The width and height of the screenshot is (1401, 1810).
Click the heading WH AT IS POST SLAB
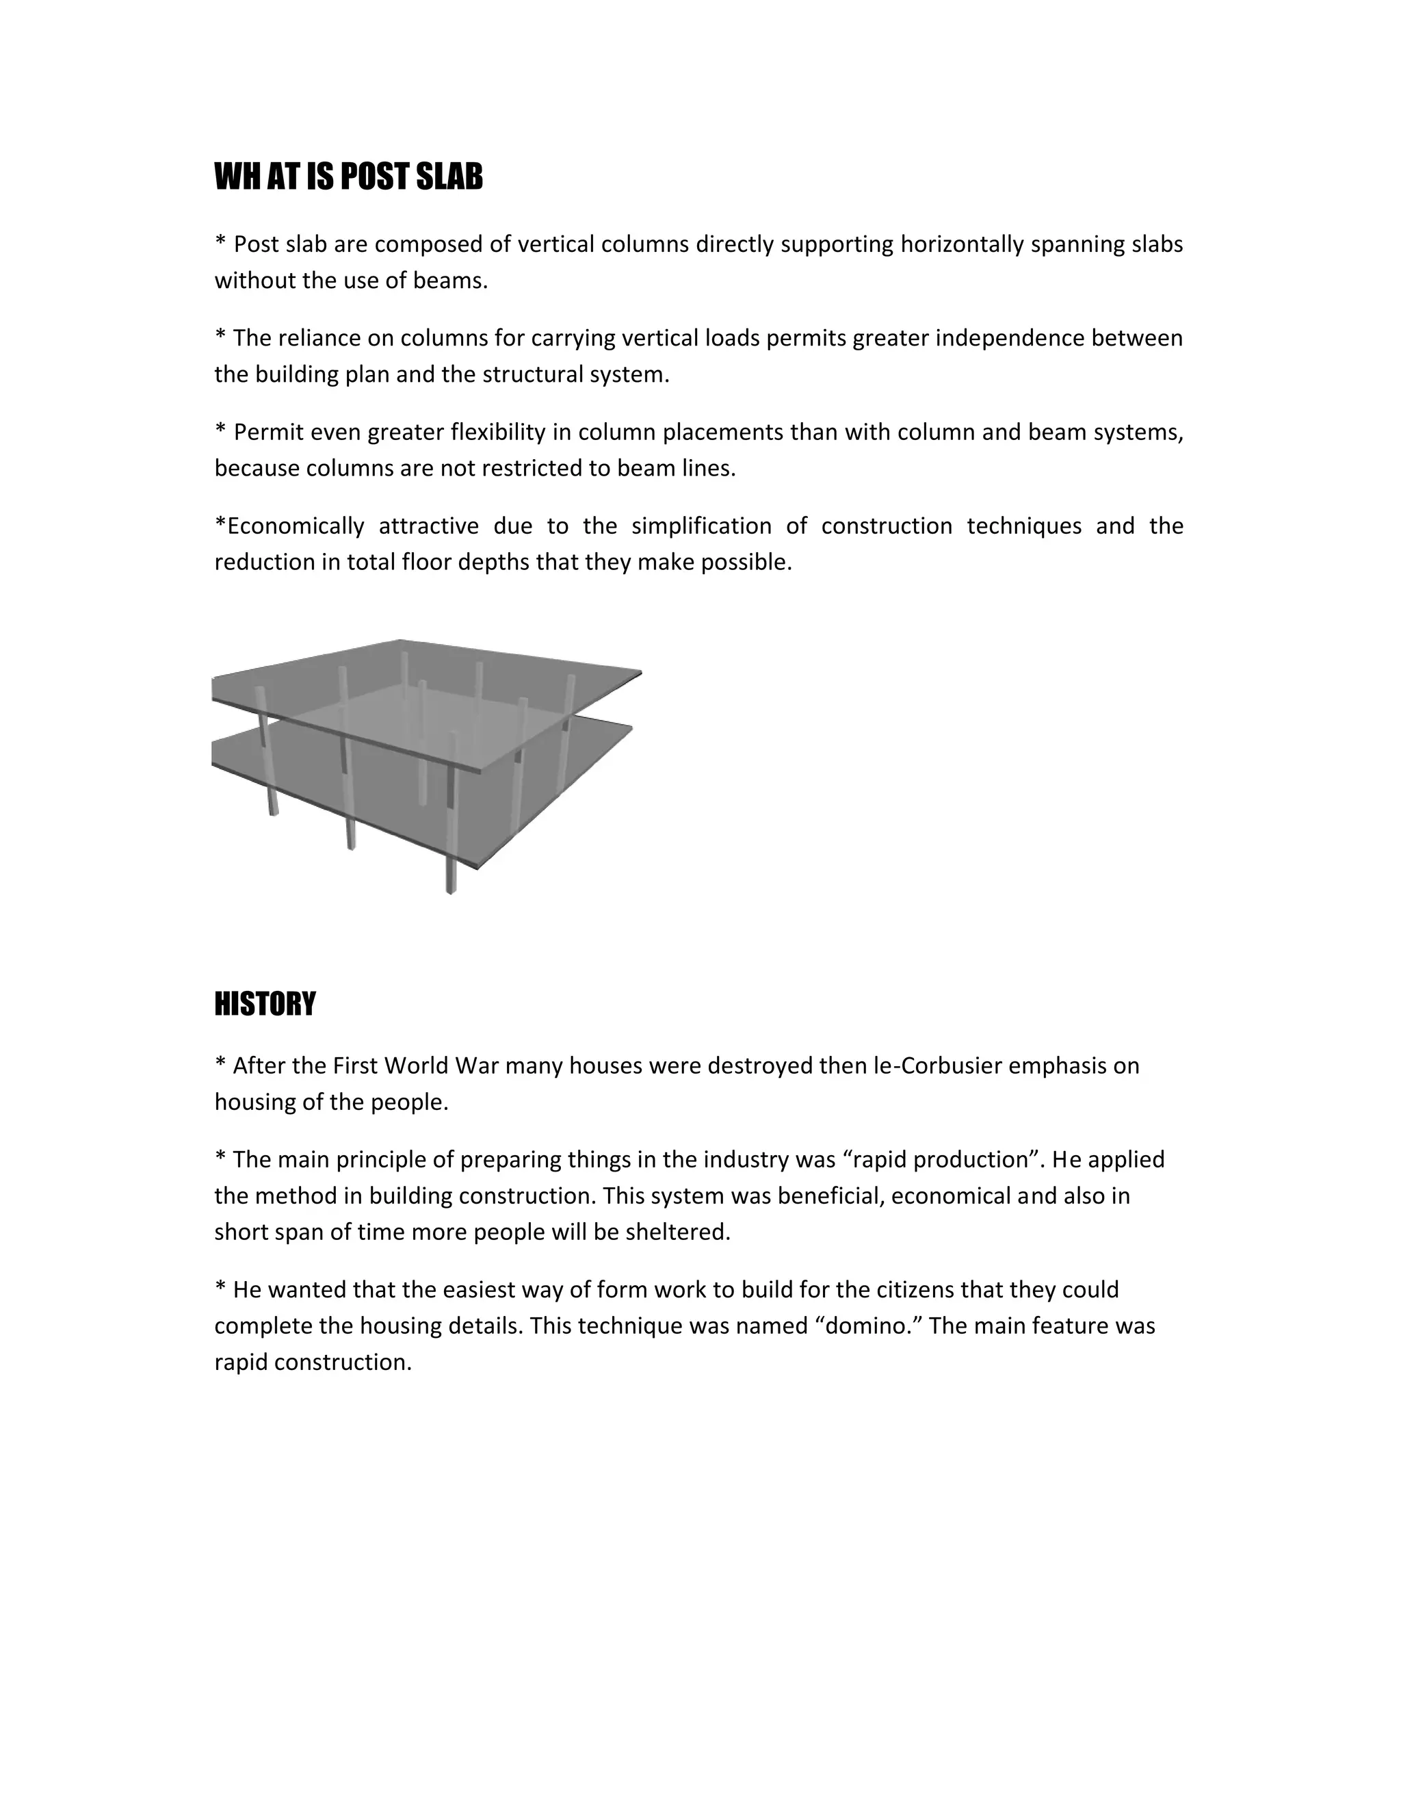pos(348,177)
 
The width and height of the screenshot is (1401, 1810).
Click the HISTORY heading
pos(265,1004)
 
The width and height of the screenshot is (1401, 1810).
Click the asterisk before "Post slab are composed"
pos(220,244)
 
